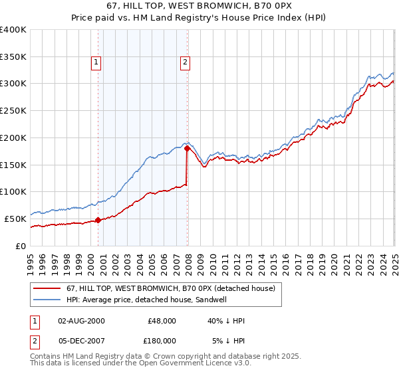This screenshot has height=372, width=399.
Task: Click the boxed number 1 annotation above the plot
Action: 96,63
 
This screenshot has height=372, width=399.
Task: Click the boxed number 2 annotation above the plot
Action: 184,63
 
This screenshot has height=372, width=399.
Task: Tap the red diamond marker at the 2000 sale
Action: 98,219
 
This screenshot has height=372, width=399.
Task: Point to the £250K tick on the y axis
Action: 13,110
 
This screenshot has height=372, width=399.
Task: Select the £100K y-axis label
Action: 13,191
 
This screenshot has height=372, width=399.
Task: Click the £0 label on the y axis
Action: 20,245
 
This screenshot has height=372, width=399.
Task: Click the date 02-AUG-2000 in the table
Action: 81,320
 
